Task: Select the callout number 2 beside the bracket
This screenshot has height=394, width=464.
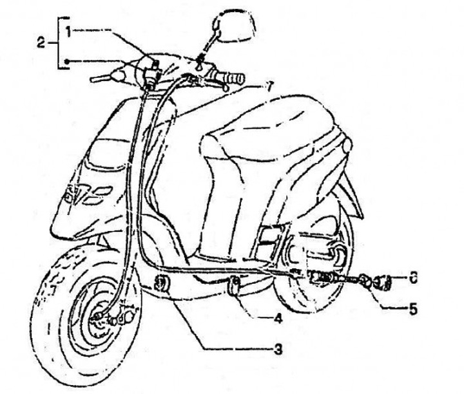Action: click(x=41, y=43)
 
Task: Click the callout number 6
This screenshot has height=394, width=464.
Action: click(x=413, y=278)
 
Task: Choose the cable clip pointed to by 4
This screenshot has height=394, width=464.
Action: click(x=236, y=283)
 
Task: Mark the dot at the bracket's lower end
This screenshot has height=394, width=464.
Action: click(x=66, y=61)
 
